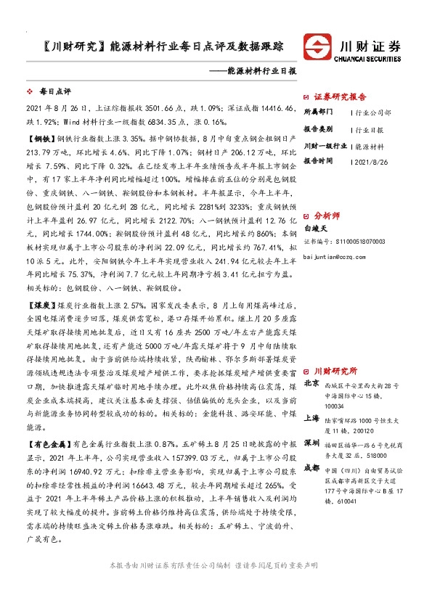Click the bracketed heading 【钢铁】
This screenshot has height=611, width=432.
click(x=41, y=136)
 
